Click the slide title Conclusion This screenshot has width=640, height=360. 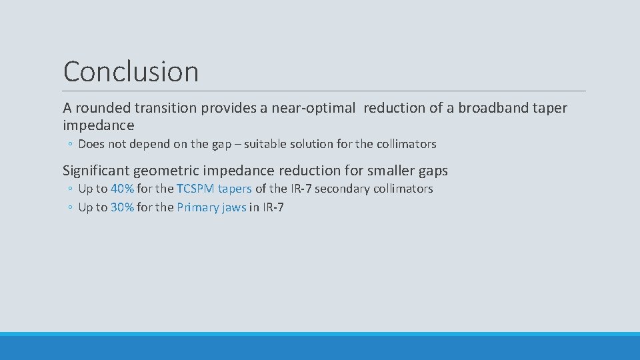pyautogui.click(x=131, y=71)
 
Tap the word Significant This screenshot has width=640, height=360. pyautogui.click(x=98, y=171)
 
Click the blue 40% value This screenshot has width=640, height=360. pyautogui.click(x=122, y=189)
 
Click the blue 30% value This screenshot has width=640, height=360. pyautogui.click(x=122, y=207)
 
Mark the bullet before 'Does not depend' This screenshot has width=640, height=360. pyautogui.click(x=70, y=145)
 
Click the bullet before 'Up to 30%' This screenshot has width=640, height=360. pyautogui.click(x=70, y=208)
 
